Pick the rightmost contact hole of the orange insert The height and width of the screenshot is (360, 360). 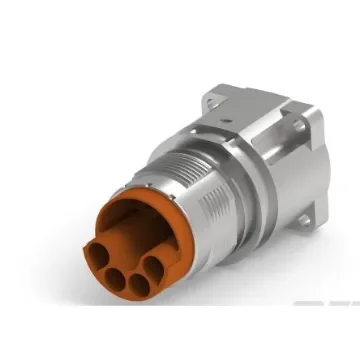155,267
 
